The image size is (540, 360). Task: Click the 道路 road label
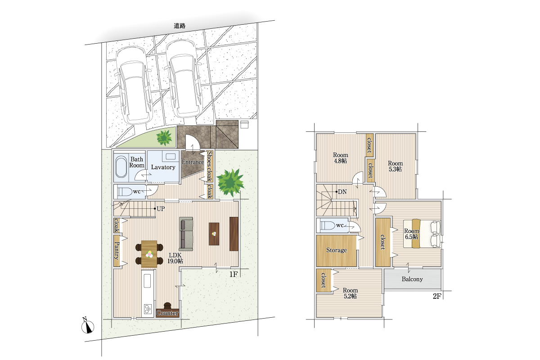coord(180,26)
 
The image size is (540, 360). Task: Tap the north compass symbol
coord(88,326)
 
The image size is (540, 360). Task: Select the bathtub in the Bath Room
coord(121,166)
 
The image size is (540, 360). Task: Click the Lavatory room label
coord(163,167)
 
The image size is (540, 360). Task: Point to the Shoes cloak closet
coord(210,166)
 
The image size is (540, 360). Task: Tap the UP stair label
coord(161,209)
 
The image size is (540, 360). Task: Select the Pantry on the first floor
coord(117,251)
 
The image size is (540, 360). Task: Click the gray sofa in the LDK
coord(186,234)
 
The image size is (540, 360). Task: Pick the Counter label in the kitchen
coord(167,313)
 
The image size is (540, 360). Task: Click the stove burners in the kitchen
coord(148,309)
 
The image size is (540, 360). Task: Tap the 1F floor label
coord(234,274)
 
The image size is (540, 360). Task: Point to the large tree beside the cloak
coord(230,181)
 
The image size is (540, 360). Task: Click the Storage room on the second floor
coord(337,251)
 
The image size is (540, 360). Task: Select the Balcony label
coord(412,279)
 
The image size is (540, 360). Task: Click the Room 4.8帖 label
coord(340,158)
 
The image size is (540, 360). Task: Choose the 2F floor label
coord(437,296)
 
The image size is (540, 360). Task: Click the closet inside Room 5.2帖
coord(324,281)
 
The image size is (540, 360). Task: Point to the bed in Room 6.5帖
coord(422,234)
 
